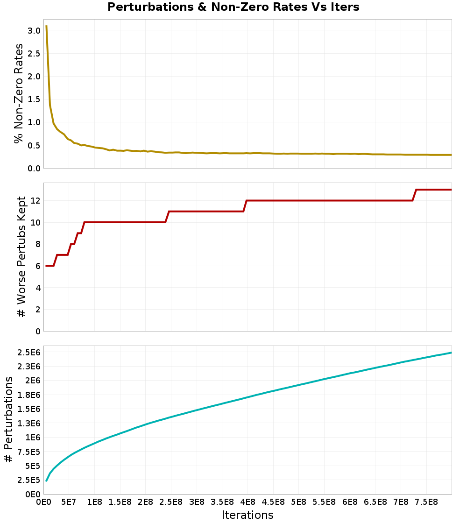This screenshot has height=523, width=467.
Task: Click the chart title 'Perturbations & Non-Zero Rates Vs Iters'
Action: pos(233,7)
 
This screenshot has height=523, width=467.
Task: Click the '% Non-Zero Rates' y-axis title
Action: pos(18,93)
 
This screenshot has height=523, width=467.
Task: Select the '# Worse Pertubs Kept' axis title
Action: pos(21,257)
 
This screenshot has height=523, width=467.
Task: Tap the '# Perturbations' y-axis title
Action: pos(8,420)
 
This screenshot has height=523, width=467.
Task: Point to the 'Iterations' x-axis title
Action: pos(248,515)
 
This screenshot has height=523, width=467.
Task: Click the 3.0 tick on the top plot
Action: pos(34,30)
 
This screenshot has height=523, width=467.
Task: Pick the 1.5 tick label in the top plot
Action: pos(34,99)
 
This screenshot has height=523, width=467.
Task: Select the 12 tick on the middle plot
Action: pos(35,200)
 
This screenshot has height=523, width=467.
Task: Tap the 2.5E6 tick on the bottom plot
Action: pos(29,352)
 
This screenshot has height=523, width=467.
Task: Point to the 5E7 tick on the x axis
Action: pos(69,502)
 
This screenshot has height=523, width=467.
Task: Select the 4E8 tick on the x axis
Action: pos(248,502)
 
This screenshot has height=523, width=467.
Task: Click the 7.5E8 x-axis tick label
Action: pos(426,502)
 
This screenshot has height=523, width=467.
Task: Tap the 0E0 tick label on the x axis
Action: pos(43,502)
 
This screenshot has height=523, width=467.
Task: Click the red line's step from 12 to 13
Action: pos(414,195)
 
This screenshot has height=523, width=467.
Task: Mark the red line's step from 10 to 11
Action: pos(167,217)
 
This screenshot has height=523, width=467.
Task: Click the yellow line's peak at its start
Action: pos(46,26)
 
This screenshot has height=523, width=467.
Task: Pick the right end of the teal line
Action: pos(451,353)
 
